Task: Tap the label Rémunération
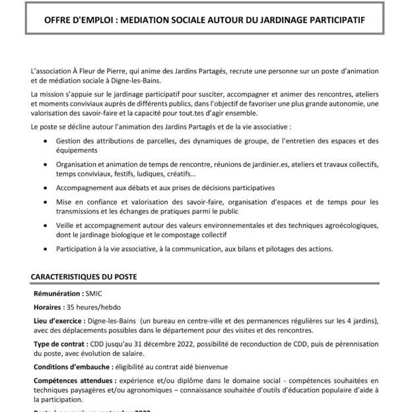pyautogui.click(x=58, y=292)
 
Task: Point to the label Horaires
pyautogui.click(x=47, y=307)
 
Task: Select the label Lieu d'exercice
pyautogui.click(x=60, y=321)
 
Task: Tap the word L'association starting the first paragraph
pyautogui.click(x=52, y=70)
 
